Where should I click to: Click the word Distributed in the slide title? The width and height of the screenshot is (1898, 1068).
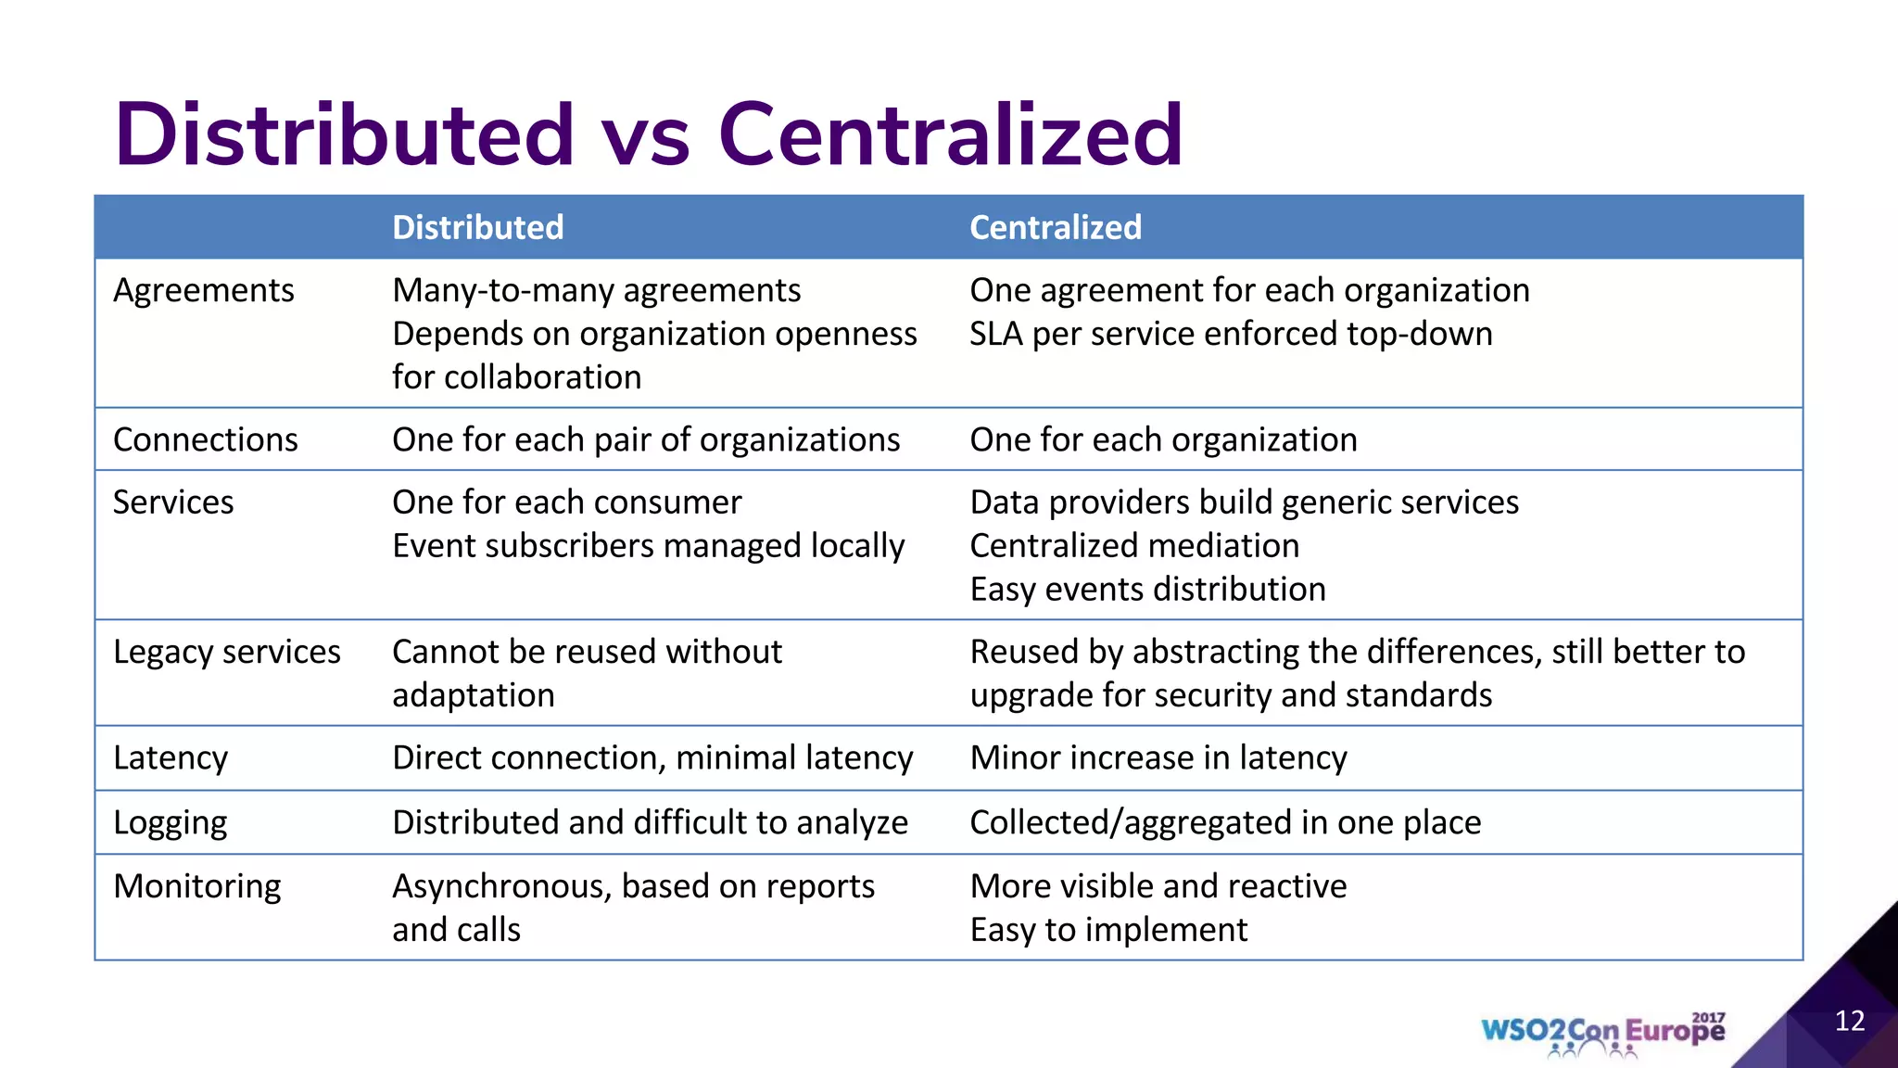[344, 135]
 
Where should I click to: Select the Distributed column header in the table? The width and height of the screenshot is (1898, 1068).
[477, 228]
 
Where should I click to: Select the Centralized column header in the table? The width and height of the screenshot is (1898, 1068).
[1056, 228]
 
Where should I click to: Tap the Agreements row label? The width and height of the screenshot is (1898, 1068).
[203, 291]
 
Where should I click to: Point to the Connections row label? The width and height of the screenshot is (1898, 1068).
[205, 440]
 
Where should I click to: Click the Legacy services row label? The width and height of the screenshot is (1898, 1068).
[226, 653]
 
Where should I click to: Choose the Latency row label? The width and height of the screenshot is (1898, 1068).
[170, 758]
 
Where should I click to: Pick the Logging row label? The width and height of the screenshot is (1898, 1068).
[170, 823]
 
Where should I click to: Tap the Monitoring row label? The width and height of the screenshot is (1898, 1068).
[196, 887]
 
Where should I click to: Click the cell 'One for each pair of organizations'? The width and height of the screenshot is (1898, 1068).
[646, 440]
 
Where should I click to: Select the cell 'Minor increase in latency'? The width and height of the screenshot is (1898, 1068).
[1158, 758]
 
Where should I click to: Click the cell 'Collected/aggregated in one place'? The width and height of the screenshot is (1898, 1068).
[1224, 823]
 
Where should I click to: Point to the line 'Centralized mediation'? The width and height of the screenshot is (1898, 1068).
[1134, 546]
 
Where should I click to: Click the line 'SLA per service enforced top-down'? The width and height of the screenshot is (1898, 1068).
[1231, 335]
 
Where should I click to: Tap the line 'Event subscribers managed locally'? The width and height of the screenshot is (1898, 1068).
[648, 546]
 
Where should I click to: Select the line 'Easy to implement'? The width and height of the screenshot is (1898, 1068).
[1108, 930]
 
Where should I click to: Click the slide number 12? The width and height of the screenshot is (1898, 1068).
[1849, 1022]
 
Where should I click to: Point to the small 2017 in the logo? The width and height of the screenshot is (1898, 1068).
[1708, 1018]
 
